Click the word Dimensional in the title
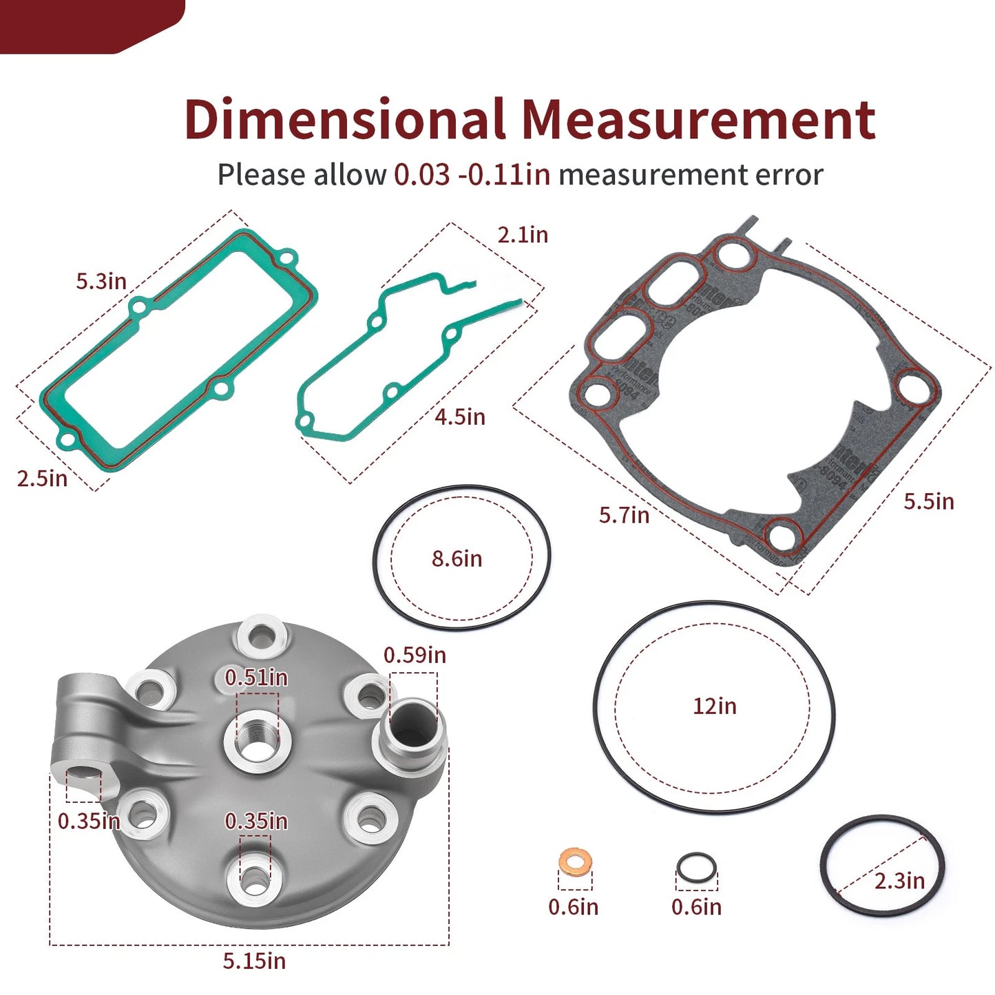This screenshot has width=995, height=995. coord(344,120)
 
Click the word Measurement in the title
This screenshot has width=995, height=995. coord(698,120)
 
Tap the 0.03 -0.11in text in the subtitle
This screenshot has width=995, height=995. coord(472,175)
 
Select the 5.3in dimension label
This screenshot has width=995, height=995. coord(101,281)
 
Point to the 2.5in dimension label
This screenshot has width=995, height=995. coord(42,478)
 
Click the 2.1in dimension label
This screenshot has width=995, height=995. coord(523,235)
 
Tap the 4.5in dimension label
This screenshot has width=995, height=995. coord(460,417)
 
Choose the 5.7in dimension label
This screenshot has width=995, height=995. coord(624,515)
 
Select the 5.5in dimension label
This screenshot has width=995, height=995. coord(929,501)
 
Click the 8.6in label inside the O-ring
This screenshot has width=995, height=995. coord(457,558)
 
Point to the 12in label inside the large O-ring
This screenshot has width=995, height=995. coord(714,706)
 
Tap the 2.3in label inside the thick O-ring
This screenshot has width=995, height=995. coord(899,880)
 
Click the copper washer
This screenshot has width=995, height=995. coord(574,860)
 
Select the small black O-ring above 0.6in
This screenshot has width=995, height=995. coord(696,867)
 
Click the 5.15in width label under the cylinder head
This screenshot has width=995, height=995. coord(254,961)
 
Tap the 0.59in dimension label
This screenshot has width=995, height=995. coord(415,655)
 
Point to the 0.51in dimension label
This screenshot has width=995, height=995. coord(256,678)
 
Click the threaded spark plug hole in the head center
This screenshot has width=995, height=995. coord(258,742)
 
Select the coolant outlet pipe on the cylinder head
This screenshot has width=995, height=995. coord(411,732)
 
